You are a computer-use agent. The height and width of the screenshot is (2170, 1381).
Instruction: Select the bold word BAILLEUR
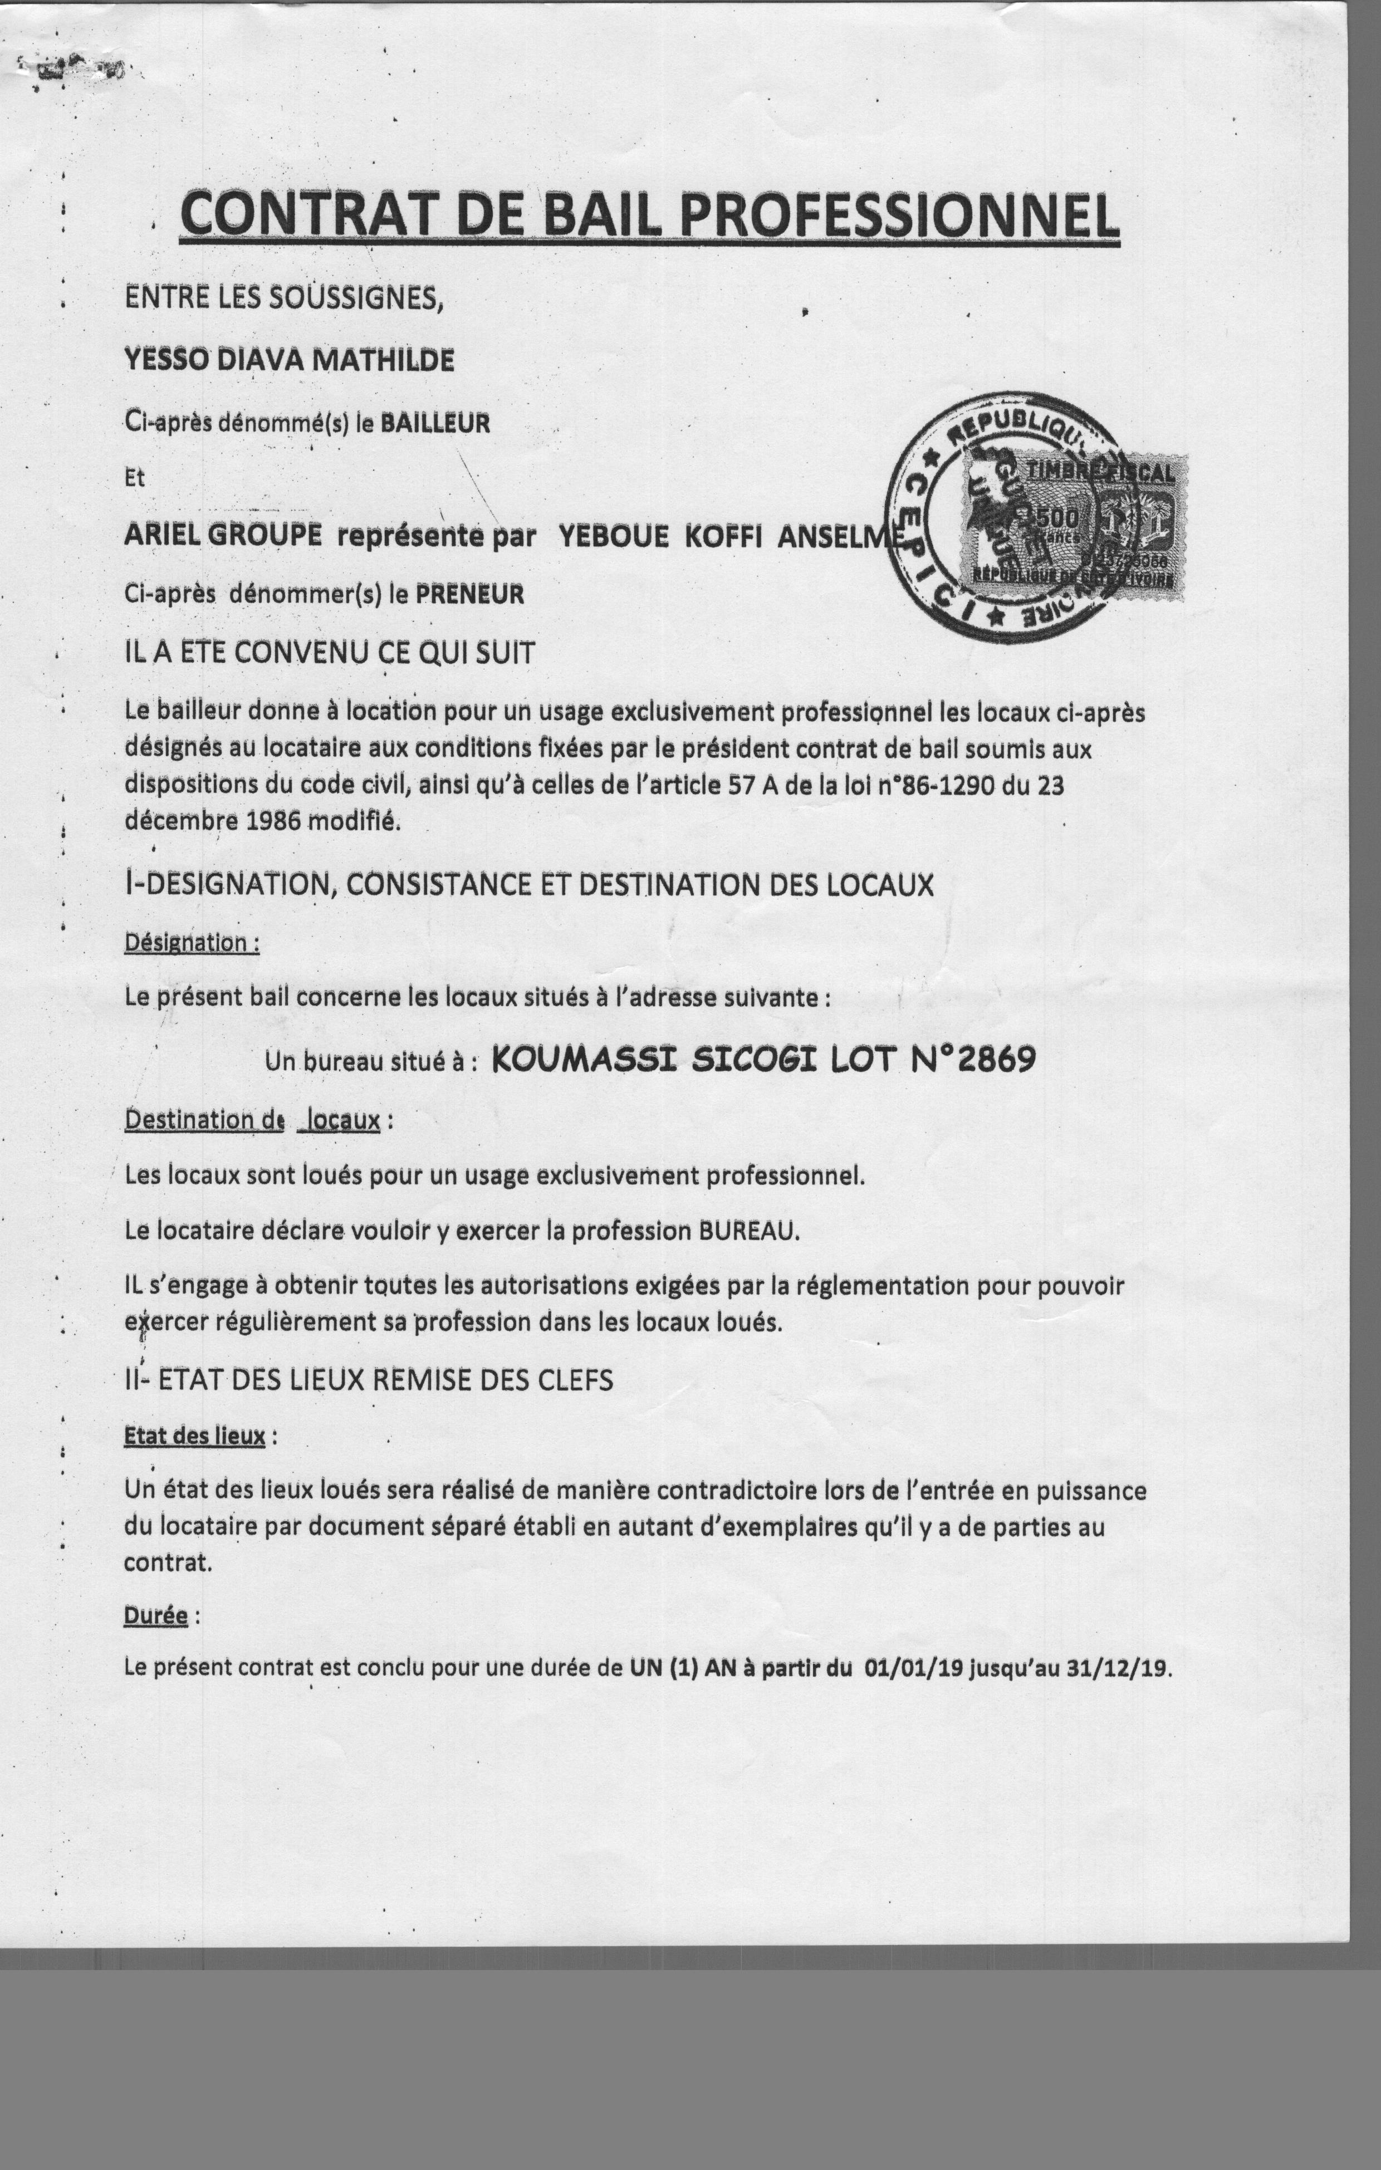pos(435,424)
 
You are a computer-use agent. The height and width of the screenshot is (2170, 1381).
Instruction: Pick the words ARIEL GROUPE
pos(223,535)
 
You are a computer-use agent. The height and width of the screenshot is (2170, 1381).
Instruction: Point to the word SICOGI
pos(753,1060)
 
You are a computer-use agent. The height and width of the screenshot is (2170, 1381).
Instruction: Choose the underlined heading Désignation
pos(190,943)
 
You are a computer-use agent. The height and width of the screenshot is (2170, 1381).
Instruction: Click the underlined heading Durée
pos(155,1616)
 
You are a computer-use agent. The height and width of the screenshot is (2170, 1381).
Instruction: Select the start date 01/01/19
pos(912,1668)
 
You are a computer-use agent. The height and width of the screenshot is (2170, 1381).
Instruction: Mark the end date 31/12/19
pos(1116,1668)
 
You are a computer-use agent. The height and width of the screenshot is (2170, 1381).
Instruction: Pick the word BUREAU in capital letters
pos(748,1231)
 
